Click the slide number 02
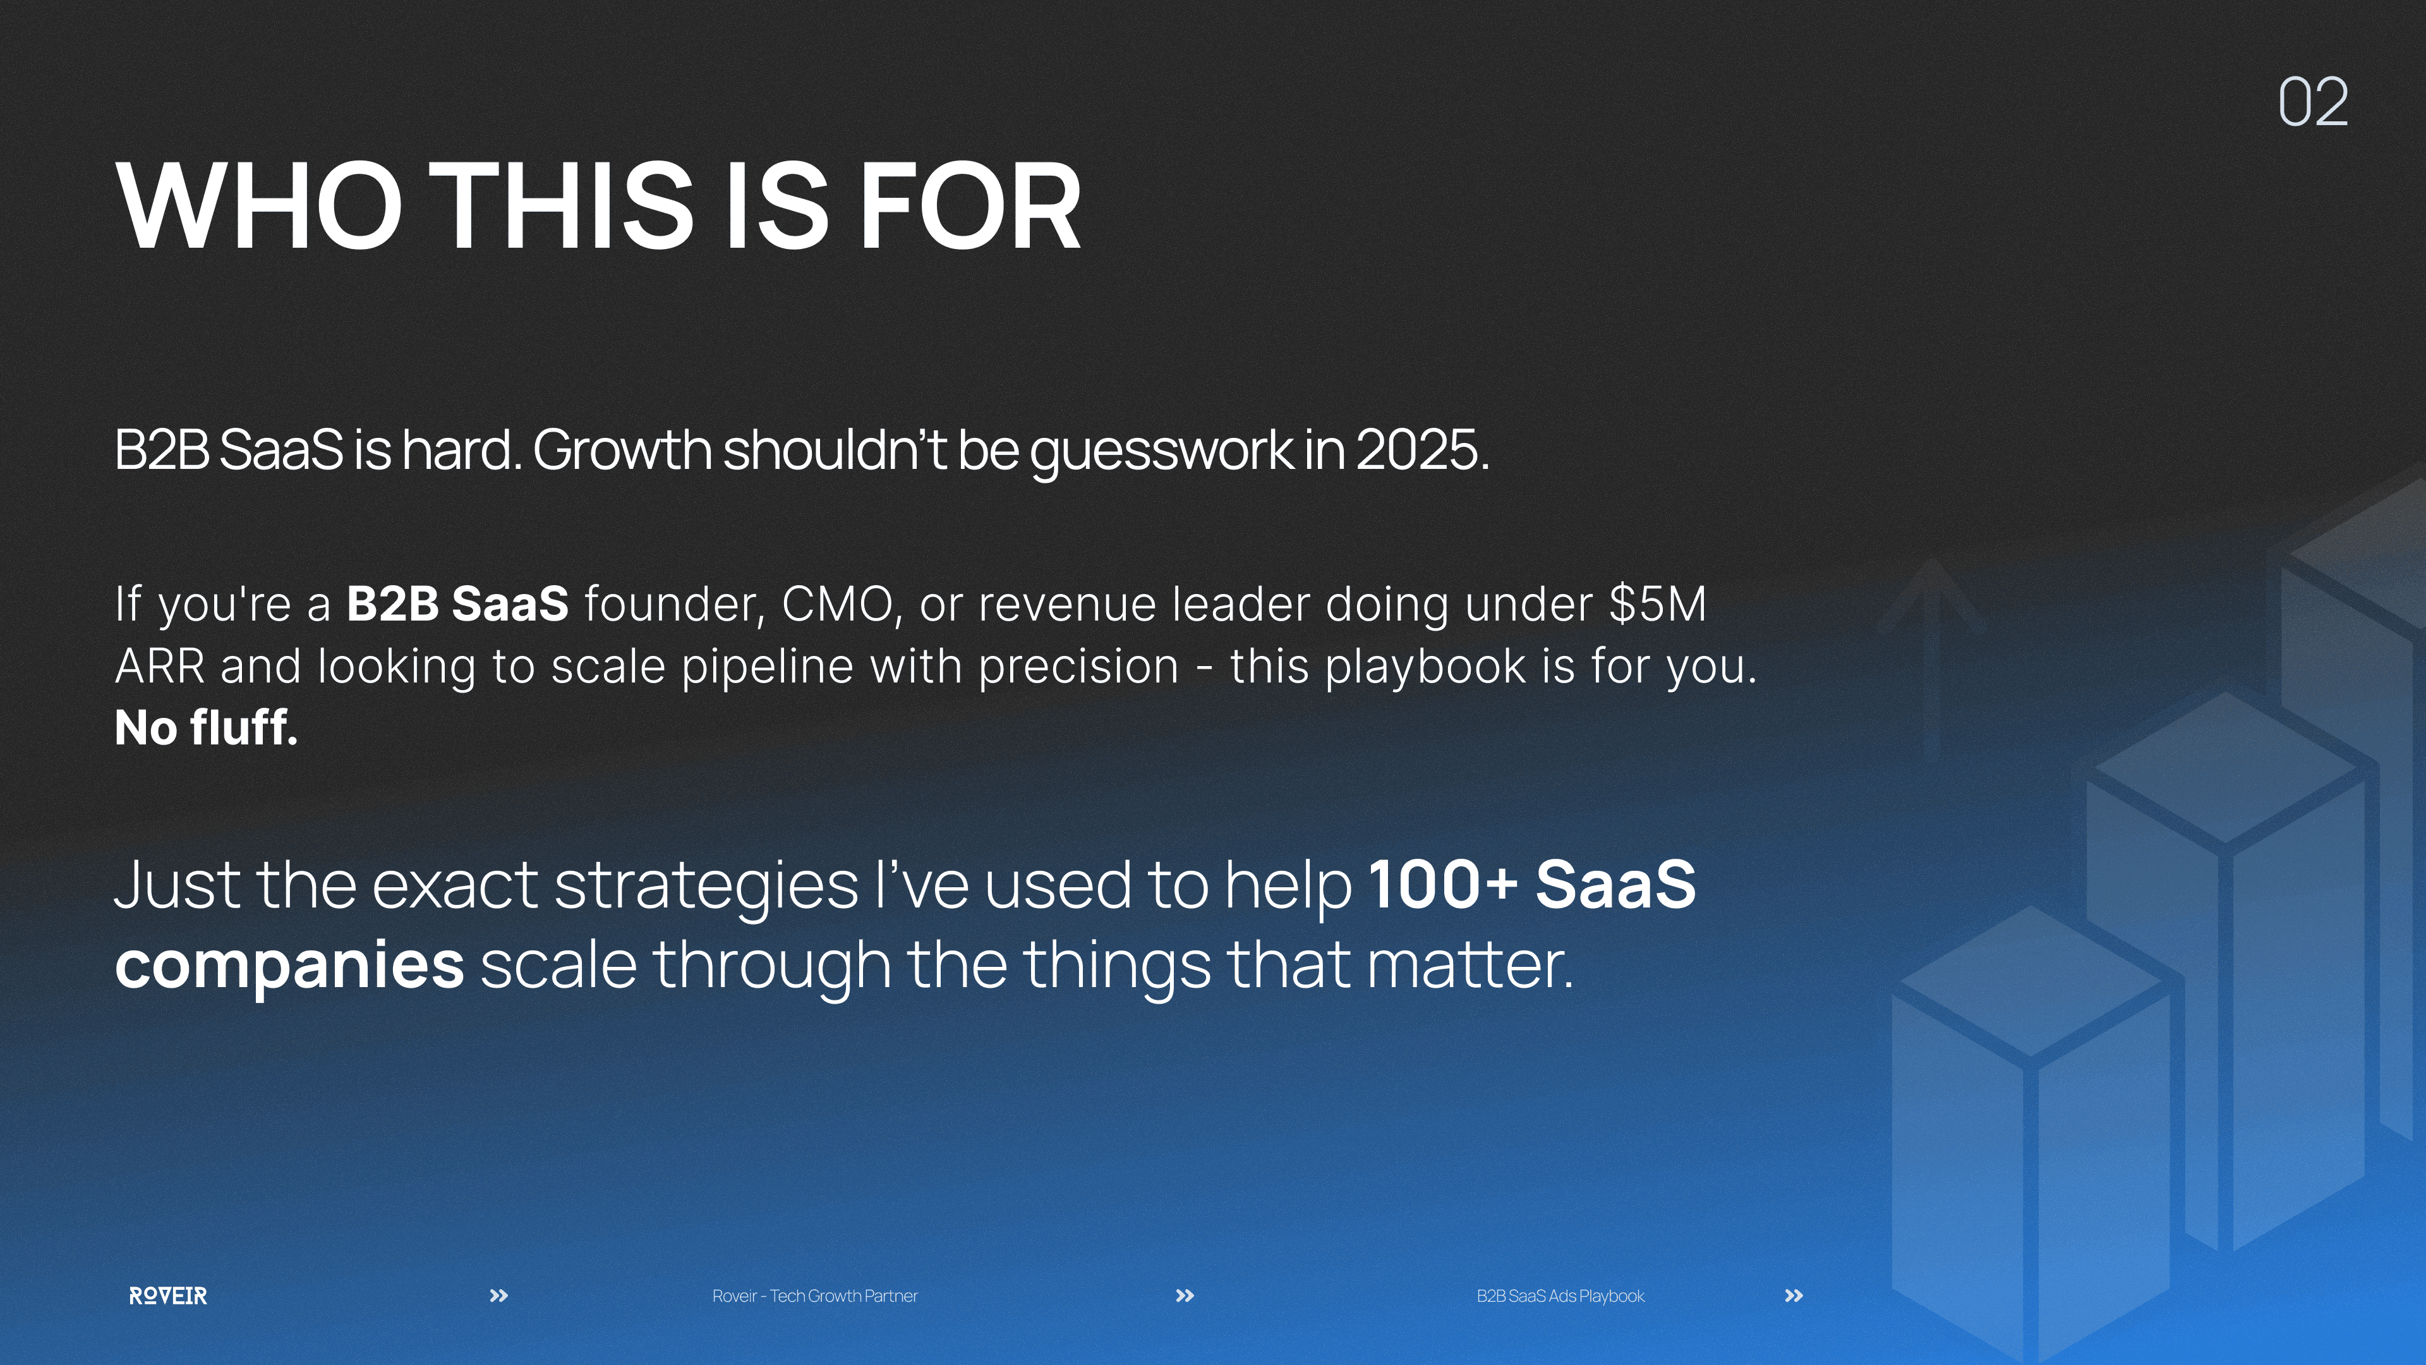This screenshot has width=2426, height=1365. [2313, 102]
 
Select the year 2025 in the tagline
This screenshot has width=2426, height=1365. [1422, 449]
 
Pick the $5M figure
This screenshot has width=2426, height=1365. [1658, 604]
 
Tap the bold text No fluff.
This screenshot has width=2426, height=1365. [206, 727]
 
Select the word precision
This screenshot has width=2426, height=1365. [1078, 667]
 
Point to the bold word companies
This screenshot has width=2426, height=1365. [289, 966]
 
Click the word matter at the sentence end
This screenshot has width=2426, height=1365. [1469, 966]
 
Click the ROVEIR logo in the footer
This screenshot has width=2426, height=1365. [167, 1295]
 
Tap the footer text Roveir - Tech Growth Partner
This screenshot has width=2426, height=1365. [814, 1295]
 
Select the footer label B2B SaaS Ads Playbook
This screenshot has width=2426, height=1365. [1560, 1295]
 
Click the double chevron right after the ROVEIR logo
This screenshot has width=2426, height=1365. [499, 1295]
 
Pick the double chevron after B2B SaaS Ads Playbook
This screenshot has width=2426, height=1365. [1794, 1295]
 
